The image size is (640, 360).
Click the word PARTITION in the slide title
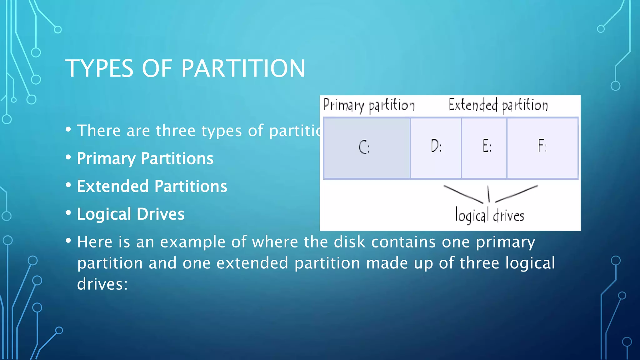243,68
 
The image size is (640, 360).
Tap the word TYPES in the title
99,68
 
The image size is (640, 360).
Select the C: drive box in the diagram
367,148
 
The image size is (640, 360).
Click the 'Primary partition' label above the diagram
369,105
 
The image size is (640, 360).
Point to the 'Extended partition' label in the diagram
498,105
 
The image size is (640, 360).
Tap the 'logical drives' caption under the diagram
489,215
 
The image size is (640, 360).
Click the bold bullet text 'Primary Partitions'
145,158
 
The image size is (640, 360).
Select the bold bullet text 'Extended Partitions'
152,186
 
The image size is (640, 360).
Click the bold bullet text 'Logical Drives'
131,214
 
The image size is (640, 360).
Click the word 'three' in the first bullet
176,131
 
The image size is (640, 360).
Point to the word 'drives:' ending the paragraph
102,284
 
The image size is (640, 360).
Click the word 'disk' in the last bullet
349,242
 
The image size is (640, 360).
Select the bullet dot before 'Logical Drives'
68,213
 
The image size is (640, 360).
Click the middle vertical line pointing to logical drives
488,194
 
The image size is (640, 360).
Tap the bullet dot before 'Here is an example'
68,241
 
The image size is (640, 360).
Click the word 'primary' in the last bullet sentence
505,242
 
